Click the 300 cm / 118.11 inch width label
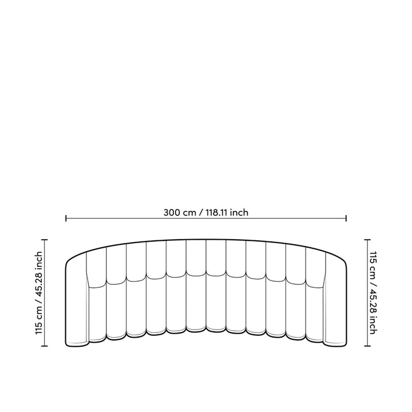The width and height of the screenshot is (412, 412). point(205,212)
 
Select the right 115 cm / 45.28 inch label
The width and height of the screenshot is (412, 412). point(373,293)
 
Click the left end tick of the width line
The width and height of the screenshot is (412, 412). point(66,218)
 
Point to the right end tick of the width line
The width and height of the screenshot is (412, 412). point(346,218)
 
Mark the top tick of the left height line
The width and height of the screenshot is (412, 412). point(46,240)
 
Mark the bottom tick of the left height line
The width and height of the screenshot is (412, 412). point(46,346)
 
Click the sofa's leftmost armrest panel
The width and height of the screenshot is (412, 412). point(77,303)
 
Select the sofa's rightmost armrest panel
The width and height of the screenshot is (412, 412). point(335,303)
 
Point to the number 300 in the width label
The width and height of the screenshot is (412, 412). point(172,212)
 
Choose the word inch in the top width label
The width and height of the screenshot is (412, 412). point(240,212)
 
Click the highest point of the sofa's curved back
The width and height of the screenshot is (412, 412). point(206,239)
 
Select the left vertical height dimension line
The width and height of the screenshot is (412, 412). point(46,293)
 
